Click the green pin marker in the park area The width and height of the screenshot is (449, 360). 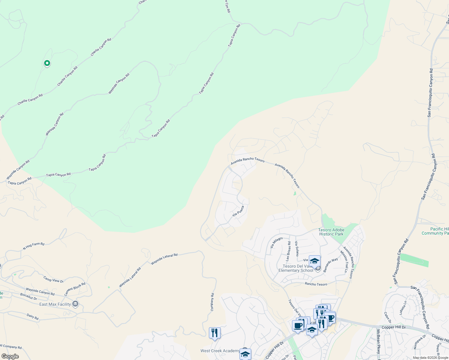click(x=47, y=63)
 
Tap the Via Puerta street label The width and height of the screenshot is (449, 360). click(x=238, y=211)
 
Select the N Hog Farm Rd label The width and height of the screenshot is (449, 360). click(x=34, y=246)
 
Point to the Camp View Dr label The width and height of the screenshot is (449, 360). click(x=53, y=280)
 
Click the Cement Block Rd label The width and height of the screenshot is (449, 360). click(x=75, y=289)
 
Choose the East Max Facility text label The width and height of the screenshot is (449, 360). click(x=55, y=304)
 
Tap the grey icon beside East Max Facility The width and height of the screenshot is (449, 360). click(x=75, y=304)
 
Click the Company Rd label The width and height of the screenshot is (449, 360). click(x=212, y=302)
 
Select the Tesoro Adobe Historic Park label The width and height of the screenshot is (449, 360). click(x=331, y=232)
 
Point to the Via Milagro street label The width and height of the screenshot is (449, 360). click(x=276, y=242)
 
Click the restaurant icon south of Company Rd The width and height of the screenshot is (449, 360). click(x=215, y=333)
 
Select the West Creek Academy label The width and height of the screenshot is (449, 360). click(x=220, y=351)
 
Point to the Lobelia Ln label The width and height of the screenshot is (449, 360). click(x=402, y=307)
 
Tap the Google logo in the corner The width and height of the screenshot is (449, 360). click(x=10, y=356)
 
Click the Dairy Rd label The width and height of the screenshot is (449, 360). click(x=32, y=316)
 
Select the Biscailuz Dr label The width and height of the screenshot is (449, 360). click(x=29, y=297)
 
